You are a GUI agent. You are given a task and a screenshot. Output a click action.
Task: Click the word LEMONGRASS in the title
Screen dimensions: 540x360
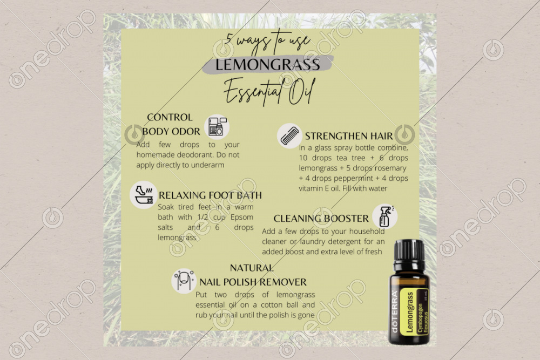pos(268,65)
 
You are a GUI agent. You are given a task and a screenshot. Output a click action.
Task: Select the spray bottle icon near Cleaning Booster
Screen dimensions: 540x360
pos(384,216)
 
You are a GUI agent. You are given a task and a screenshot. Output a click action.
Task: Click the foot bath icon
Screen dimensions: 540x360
pos(144,195)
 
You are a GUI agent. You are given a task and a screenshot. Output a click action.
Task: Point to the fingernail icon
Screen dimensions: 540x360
pos(184,281)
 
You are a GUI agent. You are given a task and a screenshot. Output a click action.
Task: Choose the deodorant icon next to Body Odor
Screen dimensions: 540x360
pos(217,127)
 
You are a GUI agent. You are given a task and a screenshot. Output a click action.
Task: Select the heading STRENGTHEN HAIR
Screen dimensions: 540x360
pos(348,137)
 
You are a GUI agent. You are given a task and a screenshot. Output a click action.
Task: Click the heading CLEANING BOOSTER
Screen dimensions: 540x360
pos(321,219)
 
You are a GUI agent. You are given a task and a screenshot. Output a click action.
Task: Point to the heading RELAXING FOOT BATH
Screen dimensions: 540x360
pos(210,195)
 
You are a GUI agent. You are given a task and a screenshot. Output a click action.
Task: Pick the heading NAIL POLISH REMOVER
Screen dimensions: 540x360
pos(253,282)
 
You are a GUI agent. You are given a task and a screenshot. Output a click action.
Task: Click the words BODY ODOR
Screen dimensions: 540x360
pos(171,132)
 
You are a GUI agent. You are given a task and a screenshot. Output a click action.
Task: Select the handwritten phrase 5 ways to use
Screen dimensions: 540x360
pos(268,43)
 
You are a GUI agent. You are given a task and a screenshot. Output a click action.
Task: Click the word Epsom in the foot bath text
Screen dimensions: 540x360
pos(242,217)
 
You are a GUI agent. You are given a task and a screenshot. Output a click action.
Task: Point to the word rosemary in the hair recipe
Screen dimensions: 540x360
pos(390,168)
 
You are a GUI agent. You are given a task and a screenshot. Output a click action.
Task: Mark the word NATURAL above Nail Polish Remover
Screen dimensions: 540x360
pos(252,268)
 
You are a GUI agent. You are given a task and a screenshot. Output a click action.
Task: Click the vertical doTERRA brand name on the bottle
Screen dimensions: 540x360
pos(395,312)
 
